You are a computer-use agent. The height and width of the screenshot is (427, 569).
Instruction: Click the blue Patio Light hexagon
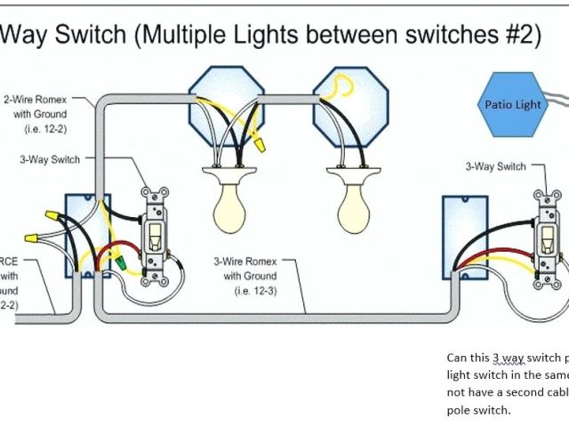point(513,104)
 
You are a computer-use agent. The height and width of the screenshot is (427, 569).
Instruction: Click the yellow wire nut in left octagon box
point(258,141)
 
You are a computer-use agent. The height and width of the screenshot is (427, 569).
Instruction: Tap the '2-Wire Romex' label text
point(35,101)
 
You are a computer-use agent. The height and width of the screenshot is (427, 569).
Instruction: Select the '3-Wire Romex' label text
point(244,262)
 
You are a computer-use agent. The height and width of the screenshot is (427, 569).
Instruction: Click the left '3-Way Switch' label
point(50,160)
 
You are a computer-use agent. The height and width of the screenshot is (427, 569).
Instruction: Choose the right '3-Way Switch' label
point(495,166)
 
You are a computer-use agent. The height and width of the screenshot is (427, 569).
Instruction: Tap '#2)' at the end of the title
point(520,35)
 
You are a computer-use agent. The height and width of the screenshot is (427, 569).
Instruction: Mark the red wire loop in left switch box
point(118,254)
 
